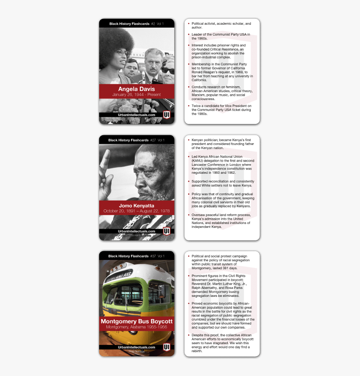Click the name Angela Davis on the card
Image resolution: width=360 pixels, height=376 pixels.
pos(136,89)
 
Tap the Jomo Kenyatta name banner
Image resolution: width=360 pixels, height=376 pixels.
pos(136,206)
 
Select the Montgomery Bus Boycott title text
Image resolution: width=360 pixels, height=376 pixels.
pos(136,321)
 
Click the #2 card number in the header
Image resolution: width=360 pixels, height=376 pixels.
pos(153,24)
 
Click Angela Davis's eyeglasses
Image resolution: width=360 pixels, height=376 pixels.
pos(121,53)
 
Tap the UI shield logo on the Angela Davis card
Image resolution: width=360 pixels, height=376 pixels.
pos(166,115)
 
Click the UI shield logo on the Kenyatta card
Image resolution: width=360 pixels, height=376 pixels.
pos(166,231)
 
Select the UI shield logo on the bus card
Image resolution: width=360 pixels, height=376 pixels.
pos(166,347)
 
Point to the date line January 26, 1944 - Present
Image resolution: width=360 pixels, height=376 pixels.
pos(136,95)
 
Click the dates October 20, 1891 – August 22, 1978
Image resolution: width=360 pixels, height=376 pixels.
pos(136,211)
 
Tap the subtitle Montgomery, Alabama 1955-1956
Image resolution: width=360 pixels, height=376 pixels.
pos(136,327)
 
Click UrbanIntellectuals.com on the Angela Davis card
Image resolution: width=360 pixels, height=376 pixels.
pos(136,115)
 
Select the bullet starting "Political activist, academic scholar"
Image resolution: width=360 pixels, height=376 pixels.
pos(221,26)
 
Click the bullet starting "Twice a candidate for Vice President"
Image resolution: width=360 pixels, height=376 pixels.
pos(221,110)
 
